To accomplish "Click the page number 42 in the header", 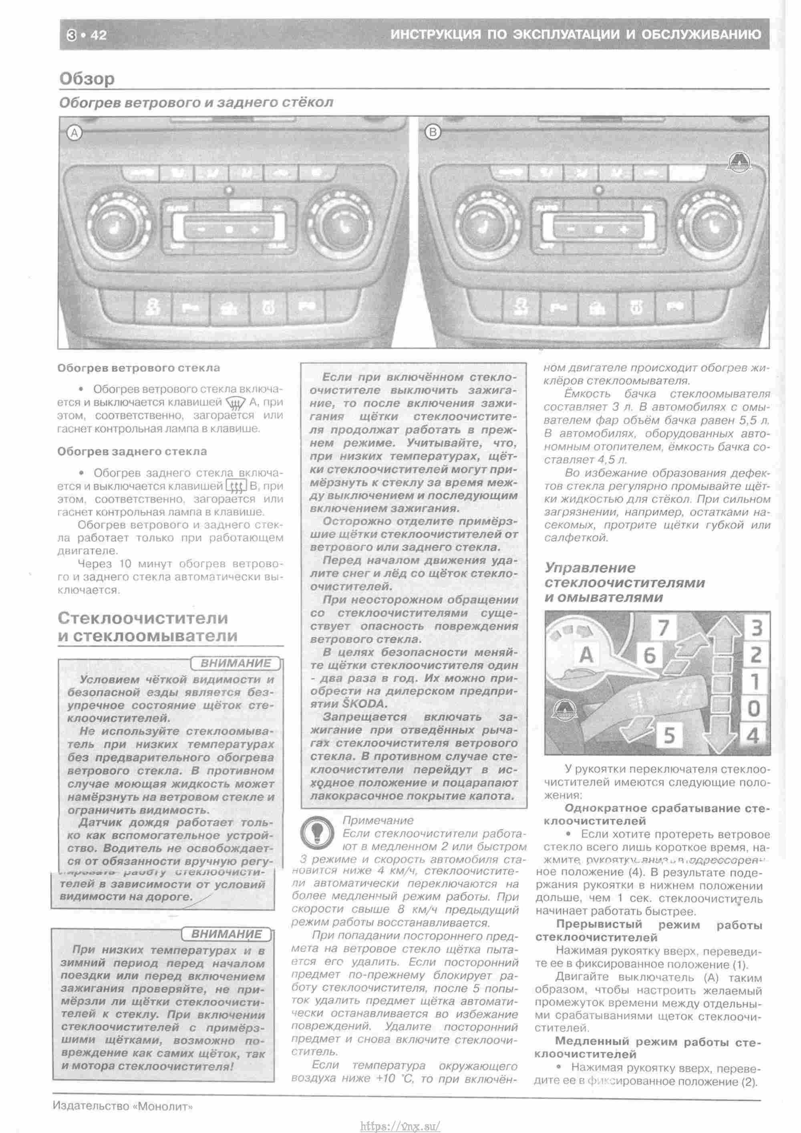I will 98,35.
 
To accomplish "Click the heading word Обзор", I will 87,79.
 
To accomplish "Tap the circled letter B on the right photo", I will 433,132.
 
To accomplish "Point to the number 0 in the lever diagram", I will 753,709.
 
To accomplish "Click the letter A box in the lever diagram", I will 586,655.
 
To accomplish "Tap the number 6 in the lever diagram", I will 650,655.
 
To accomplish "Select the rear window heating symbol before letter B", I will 236,487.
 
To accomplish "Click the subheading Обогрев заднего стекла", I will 132,452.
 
